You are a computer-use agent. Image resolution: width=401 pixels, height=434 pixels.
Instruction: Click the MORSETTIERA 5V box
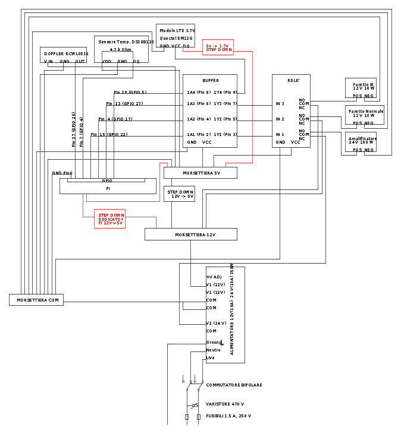coord(200,173)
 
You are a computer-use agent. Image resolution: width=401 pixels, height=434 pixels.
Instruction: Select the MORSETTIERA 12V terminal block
coord(190,235)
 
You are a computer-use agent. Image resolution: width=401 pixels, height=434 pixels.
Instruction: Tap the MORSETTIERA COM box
coord(36,300)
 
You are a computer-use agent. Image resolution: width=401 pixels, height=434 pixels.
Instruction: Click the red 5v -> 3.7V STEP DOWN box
coord(218,47)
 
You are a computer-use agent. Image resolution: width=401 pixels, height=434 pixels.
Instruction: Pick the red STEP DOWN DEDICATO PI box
coord(109,218)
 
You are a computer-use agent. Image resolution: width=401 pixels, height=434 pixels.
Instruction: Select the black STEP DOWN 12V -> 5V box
coord(179,194)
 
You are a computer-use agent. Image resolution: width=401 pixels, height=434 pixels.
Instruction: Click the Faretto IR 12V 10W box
coord(361,87)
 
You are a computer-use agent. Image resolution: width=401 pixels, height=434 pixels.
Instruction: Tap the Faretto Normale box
coord(365,115)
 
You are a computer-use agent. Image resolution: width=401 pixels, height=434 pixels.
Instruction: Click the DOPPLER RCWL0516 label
coord(66,53)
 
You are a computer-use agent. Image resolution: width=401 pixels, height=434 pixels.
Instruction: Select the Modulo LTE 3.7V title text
coord(177,30)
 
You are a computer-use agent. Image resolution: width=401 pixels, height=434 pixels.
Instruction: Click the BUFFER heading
coord(210,80)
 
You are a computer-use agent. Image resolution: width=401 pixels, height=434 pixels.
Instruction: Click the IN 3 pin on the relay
coord(280,104)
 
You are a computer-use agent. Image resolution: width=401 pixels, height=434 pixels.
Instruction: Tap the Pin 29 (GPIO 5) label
coord(130,92)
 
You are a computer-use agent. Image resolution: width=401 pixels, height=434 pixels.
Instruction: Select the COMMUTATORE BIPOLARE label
coord(234,385)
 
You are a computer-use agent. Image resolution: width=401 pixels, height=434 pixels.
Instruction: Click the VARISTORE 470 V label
coord(225,404)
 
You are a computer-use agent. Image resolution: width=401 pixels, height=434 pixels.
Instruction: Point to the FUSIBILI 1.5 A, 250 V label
coord(228,416)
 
